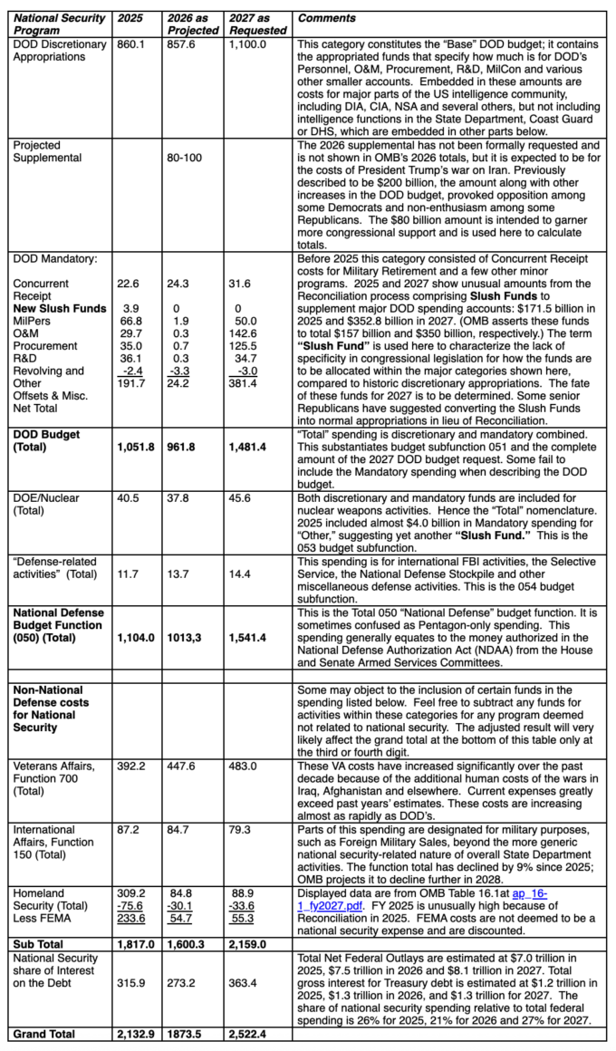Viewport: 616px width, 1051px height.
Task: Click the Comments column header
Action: [327, 18]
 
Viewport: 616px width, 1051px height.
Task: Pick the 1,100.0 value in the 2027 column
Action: [247, 43]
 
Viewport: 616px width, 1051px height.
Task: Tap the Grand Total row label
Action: [43, 1034]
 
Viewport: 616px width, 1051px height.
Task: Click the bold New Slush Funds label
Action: [59, 309]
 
